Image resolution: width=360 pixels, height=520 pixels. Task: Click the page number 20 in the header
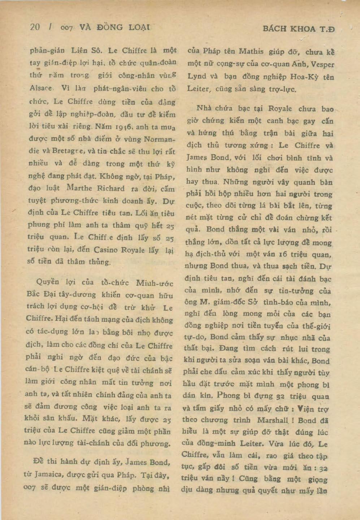tap(35, 27)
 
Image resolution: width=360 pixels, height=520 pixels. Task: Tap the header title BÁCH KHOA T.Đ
tap(299, 29)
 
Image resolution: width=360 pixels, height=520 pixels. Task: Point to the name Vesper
tap(322, 64)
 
